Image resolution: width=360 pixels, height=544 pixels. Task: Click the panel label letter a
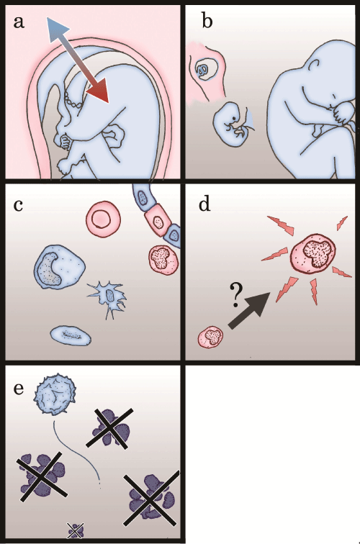(19, 22)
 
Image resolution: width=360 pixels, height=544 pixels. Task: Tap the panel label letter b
(207, 21)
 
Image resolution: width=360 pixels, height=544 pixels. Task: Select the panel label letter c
(18, 205)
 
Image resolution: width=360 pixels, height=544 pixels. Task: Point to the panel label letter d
(204, 204)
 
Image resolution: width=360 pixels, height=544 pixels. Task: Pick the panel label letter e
(19, 389)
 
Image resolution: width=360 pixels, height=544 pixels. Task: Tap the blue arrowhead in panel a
(57, 30)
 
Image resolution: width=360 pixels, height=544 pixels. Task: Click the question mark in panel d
(236, 295)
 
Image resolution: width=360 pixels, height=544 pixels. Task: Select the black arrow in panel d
(249, 310)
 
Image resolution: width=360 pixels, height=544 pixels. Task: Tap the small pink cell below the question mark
(211, 337)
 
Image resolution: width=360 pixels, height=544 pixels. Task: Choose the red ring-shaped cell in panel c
(104, 219)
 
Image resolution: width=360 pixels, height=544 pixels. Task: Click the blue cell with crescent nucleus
(59, 267)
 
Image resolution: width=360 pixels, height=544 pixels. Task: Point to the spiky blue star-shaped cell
(108, 297)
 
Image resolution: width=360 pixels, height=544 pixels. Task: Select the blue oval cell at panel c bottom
(71, 335)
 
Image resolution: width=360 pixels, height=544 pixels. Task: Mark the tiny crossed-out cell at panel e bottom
(76, 530)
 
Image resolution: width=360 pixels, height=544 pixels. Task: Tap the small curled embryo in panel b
(232, 124)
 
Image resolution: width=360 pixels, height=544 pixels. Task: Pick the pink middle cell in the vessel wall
(158, 222)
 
